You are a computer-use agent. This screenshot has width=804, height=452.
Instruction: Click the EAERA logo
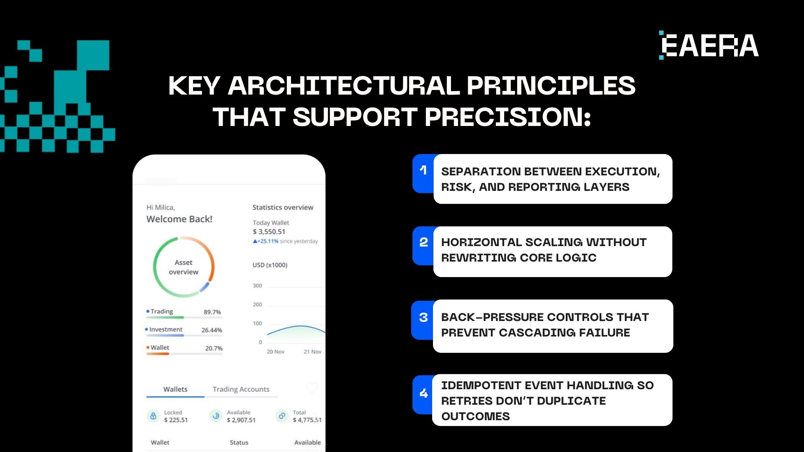[x=709, y=45]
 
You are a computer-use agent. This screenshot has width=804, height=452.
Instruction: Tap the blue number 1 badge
[x=423, y=173]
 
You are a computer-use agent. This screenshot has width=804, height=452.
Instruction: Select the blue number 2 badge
[x=423, y=246]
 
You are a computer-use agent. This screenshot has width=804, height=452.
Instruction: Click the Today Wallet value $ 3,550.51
[x=269, y=232]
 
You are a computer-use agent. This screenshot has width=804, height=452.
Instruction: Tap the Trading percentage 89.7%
[x=212, y=312]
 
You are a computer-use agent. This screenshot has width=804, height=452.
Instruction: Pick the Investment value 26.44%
[x=212, y=330]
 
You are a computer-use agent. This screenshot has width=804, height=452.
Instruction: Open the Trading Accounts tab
[x=241, y=389]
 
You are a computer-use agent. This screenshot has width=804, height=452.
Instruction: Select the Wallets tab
[x=175, y=389]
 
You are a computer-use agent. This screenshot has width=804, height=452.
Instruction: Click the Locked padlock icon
[x=153, y=416]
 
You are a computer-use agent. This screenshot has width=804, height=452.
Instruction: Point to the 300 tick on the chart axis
[x=257, y=286]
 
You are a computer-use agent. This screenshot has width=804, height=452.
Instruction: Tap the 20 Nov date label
[x=276, y=352]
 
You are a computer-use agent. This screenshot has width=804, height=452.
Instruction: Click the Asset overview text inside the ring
[x=183, y=267]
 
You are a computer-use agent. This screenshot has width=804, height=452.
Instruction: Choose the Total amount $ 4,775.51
[x=307, y=420]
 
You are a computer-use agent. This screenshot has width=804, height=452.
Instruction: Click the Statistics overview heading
[x=283, y=207]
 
